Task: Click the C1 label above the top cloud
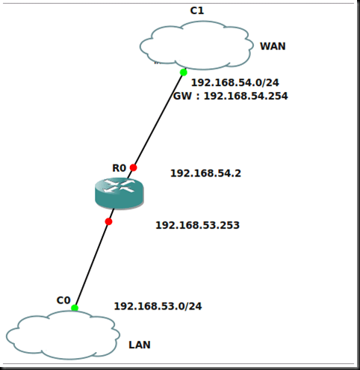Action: [x=197, y=10]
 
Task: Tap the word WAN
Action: [x=273, y=46]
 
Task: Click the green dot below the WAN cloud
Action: [x=183, y=73]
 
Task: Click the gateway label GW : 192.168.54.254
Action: [x=230, y=96]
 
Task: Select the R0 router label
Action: [x=119, y=168]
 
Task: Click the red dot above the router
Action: [x=134, y=167]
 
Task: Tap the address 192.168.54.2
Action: [x=205, y=173]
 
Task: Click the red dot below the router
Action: [x=108, y=221]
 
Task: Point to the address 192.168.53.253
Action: [x=197, y=224]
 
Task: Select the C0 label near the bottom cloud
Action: [x=63, y=300]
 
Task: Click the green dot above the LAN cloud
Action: [x=75, y=307]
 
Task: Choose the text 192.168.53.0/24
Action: [x=158, y=306]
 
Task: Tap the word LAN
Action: [x=140, y=345]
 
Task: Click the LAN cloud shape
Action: [x=63, y=336]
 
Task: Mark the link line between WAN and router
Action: [x=158, y=120]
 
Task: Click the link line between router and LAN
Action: [x=91, y=265]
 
